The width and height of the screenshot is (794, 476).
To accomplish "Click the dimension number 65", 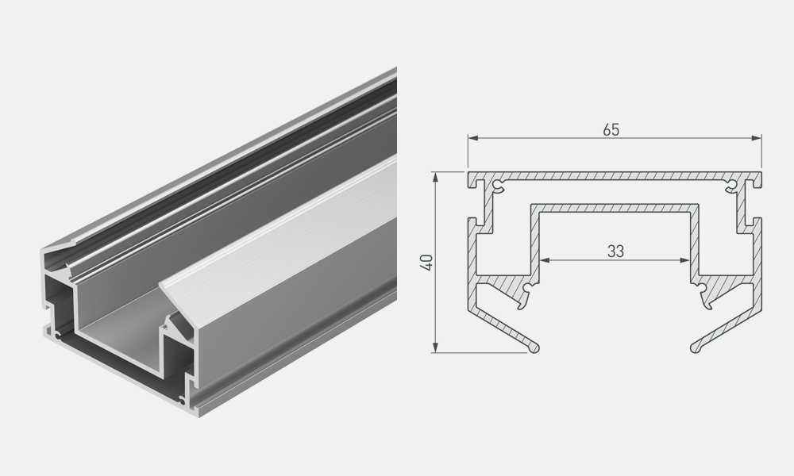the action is (611, 130).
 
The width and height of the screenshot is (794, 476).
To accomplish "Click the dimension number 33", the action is (615, 251).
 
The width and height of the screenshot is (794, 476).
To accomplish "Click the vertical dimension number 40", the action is (427, 263).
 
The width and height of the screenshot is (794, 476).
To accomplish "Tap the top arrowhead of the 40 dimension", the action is (435, 177).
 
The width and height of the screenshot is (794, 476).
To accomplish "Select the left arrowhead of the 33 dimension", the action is (545, 260).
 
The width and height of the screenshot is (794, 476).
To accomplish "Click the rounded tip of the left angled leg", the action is (535, 348).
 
